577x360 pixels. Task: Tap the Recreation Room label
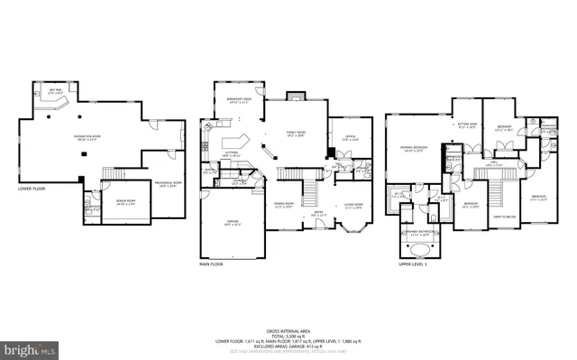click(x=87, y=136)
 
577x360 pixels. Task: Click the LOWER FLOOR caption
click(x=33, y=189)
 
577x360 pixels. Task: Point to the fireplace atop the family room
click(x=298, y=94)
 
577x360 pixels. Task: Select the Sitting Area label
click(x=466, y=127)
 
